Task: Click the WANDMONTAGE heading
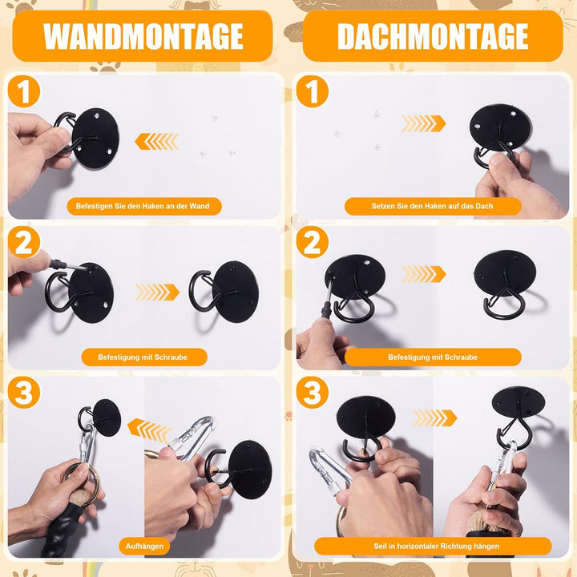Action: [x=143, y=36]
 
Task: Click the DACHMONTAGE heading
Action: [x=433, y=36]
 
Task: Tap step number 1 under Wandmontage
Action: [x=24, y=91]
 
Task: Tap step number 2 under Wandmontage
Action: [x=24, y=242]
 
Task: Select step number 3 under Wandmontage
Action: [x=24, y=392]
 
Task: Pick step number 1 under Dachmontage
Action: [x=313, y=91]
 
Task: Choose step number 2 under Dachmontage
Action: [x=313, y=242]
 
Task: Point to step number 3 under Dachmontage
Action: [x=313, y=392]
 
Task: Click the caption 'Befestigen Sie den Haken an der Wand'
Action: [x=144, y=206]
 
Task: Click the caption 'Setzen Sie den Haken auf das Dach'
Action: [x=433, y=206]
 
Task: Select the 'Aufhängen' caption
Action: [x=144, y=546]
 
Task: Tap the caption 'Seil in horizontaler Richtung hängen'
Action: [x=433, y=546]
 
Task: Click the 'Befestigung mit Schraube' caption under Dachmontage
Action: [x=433, y=357]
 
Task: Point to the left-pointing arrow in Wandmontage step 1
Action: [x=157, y=141]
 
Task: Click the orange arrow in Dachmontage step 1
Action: [x=424, y=123]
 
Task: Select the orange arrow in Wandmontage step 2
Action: [x=157, y=293]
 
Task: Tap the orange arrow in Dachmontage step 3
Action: [x=435, y=418]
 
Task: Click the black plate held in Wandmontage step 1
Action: [x=96, y=138]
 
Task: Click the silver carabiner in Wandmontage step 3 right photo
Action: [x=193, y=438]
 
